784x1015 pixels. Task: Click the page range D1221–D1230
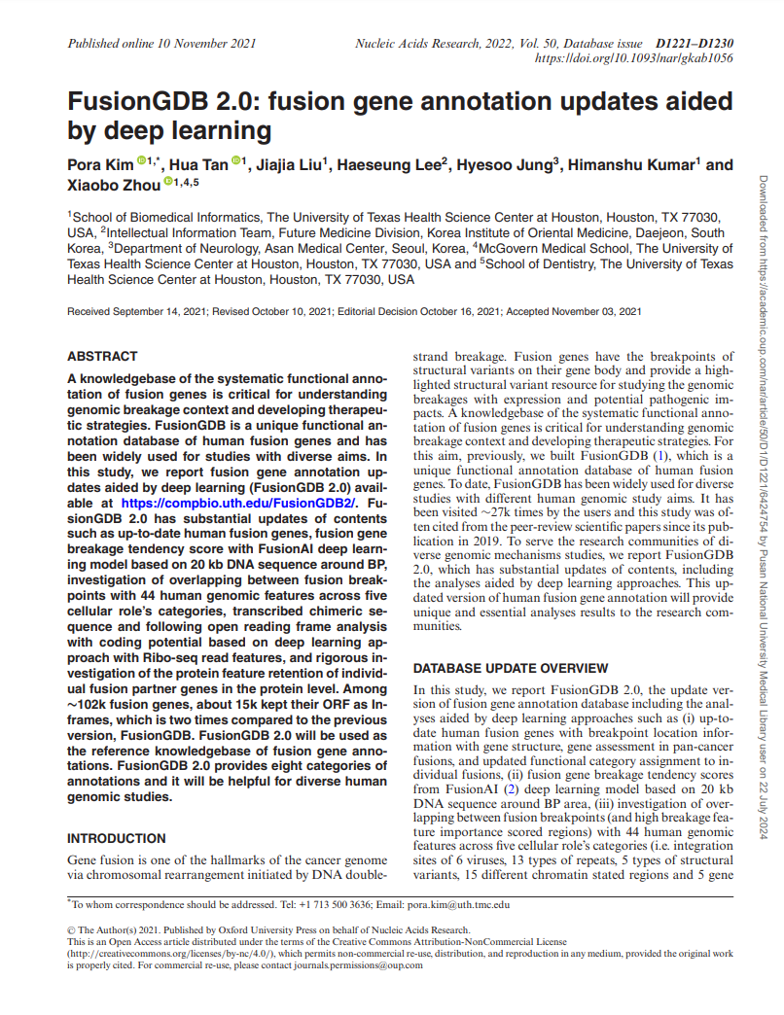click(x=695, y=44)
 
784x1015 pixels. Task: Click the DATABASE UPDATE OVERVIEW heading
click(x=511, y=669)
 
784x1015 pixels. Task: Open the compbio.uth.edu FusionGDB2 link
click(x=239, y=503)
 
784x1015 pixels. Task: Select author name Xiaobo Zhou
click(x=113, y=185)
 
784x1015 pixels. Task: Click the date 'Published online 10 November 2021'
click(x=161, y=44)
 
